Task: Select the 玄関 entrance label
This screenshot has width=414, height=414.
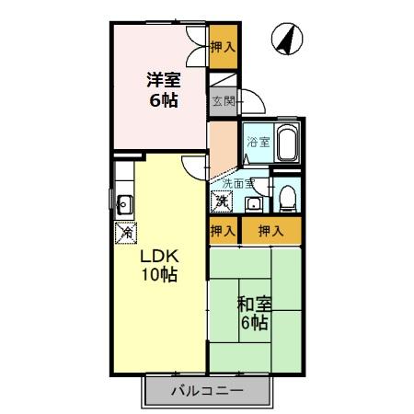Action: pos(222,100)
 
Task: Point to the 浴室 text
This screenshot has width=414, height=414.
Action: pos(258,142)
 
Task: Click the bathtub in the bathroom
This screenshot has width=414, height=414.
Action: pos(284,143)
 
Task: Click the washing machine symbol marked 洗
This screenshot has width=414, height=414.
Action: pos(222,200)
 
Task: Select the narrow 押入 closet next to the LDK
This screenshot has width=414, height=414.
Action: pos(222,231)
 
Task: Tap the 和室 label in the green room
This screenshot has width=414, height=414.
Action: pos(253,304)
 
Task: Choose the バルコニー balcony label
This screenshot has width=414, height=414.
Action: pos(207,391)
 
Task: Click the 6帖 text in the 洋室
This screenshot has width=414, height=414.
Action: pos(164,99)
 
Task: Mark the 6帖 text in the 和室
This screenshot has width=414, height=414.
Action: pos(254,323)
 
